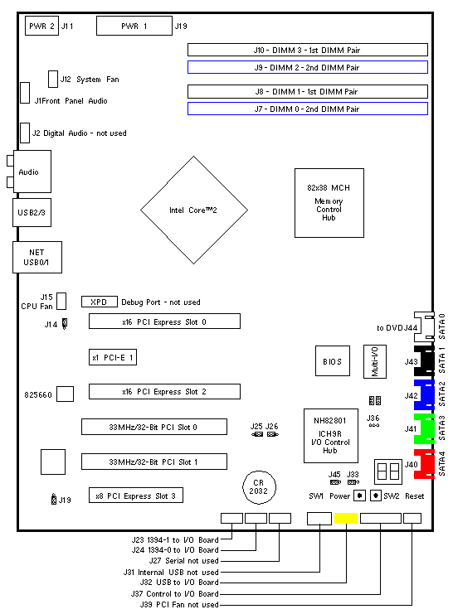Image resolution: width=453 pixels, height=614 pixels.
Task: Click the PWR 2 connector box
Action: pyautogui.click(x=41, y=26)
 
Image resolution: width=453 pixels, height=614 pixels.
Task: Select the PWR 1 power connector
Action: pyautogui.click(x=134, y=26)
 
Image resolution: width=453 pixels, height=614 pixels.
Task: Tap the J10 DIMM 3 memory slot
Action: pyautogui.click(x=308, y=50)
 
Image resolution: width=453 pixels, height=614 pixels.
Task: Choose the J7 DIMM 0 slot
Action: pyautogui.click(x=308, y=109)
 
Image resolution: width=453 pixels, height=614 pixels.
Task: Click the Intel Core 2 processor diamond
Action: pyautogui.click(x=194, y=210)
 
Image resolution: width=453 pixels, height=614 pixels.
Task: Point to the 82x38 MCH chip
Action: pyautogui.click(x=329, y=203)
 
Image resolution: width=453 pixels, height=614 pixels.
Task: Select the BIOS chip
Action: pyautogui.click(x=333, y=361)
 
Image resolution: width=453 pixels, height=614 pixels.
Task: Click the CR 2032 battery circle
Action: pyautogui.click(x=259, y=487)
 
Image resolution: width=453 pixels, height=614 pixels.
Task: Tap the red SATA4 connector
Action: pyautogui.click(x=424, y=464)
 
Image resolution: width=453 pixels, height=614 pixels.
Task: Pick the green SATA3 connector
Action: pyautogui.click(x=424, y=428)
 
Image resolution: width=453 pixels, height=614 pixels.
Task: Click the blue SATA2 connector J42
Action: pyautogui.click(x=424, y=395)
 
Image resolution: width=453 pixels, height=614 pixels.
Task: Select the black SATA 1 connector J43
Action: pyautogui.click(x=424, y=361)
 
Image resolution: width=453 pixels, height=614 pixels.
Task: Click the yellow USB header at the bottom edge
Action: pyautogui.click(x=346, y=518)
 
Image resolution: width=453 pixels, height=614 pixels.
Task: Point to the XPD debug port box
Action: pyautogui.click(x=100, y=302)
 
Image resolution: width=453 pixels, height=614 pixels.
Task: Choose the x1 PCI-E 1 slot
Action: pyautogui.click(x=113, y=357)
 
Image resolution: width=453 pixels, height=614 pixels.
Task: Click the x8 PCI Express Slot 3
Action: pyautogui.click(x=136, y=496)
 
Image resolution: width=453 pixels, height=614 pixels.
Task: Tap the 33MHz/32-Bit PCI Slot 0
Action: pyautogui.click(x=154, y=427)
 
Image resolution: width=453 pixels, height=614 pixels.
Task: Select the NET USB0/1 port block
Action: pyautogui.click(x=37, y=257)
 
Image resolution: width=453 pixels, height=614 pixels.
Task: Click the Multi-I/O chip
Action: pyautogui.click(x=375, y=361)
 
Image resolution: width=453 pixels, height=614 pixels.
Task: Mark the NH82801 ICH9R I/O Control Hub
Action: pyautogui.click(x=331, y=436)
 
